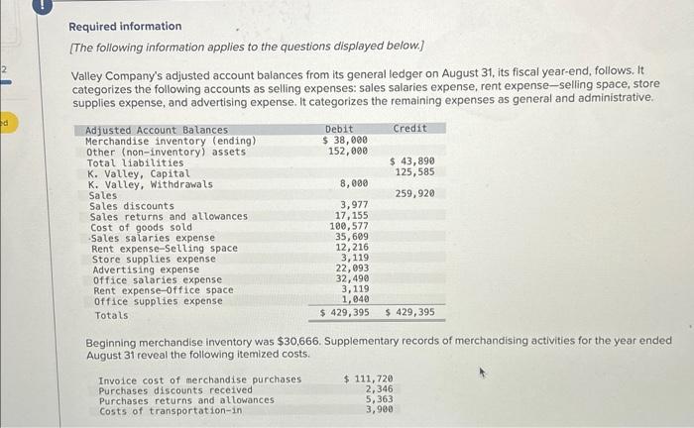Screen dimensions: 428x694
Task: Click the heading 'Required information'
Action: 125,27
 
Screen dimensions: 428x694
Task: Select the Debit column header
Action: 339,130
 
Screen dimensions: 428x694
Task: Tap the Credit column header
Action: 410,129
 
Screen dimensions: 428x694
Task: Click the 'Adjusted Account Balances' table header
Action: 157,131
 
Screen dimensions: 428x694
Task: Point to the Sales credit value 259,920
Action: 415,194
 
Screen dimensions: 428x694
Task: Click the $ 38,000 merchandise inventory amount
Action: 345,141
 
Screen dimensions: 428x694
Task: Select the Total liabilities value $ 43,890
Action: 412,161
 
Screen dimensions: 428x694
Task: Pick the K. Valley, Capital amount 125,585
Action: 415,172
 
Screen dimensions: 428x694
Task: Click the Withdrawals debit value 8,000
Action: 354,183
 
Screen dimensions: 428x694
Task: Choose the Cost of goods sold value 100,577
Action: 349,227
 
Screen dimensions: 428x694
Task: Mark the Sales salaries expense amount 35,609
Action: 352,238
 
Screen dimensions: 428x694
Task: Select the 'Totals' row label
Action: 111,315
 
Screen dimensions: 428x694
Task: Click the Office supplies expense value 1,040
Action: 355,299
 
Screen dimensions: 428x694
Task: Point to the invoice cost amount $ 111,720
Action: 368,379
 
